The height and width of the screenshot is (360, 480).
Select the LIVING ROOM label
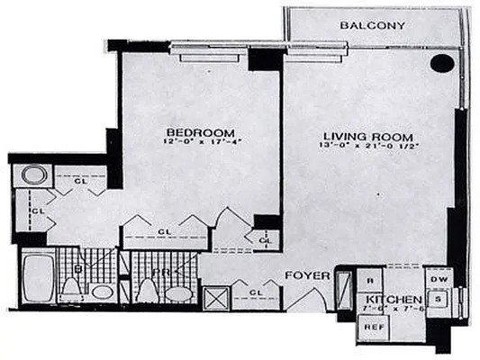(x=360, y=129)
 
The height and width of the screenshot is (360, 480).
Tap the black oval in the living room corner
(x=441, y=63)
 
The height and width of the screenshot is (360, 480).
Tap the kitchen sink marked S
(x=436, y=299)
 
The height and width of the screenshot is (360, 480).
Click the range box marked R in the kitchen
(x=371, y=280)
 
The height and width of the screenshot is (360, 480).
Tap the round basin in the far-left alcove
(x=35, y=175)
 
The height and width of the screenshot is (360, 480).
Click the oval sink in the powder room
(x=178, y=293)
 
